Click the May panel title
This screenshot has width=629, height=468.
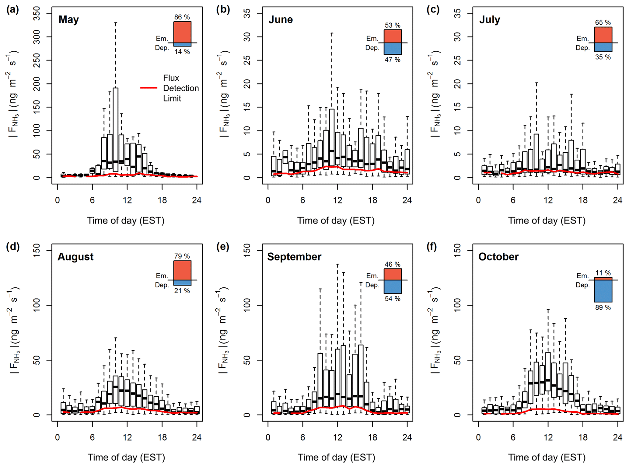point(69,20)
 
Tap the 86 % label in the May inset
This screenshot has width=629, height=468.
point(182,17)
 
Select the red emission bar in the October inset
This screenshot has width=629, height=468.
point(603,279)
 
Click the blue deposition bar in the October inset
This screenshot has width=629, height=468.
point(603,291)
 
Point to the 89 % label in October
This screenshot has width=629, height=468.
point(603,307)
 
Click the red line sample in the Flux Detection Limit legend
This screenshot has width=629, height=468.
point(149,88)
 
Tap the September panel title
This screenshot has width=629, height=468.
point(294,257)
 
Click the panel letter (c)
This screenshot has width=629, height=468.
point(433,10)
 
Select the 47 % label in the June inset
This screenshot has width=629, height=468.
point(392,60)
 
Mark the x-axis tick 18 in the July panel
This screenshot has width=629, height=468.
point(583,200)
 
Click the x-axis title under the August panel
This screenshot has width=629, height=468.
point(126,457)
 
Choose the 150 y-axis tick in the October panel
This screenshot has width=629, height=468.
point(457,251)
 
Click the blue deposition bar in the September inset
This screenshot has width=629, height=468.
point(393,287)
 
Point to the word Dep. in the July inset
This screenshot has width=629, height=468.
point(582,48)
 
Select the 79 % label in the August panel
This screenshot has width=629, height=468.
point(182,256)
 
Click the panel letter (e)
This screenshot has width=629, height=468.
point(223,247)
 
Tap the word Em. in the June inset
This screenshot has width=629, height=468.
point(372,39)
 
